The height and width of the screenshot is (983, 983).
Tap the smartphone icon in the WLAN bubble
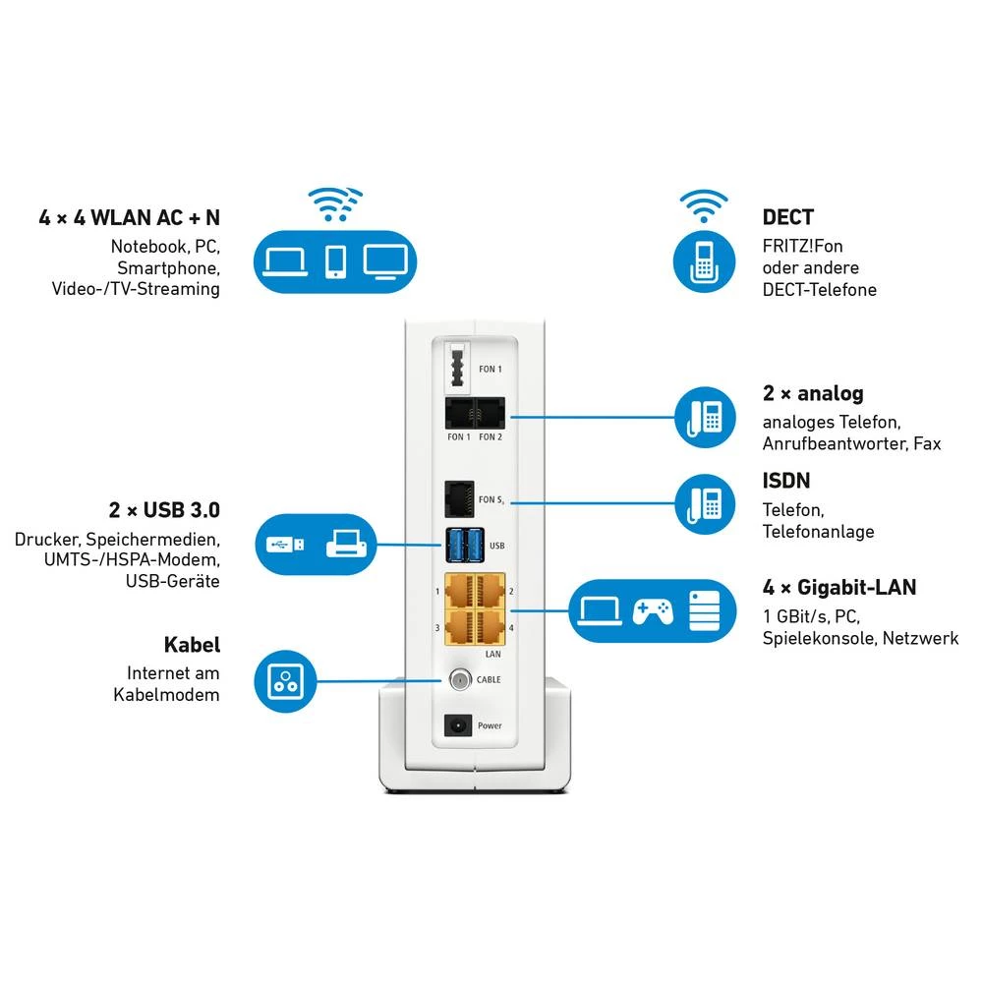336,260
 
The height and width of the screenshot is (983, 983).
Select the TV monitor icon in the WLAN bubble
384,260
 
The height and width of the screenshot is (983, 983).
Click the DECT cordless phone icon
703,260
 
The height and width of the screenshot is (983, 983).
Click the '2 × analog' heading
813,393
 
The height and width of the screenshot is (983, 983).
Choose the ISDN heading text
786,481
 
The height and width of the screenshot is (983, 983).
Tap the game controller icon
652,611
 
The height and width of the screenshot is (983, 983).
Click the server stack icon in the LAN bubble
704,610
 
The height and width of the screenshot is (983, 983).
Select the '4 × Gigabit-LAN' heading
838,588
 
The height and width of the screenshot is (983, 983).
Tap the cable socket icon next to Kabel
285,679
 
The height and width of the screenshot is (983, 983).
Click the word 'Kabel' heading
192,646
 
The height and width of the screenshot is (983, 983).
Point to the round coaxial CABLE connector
459,679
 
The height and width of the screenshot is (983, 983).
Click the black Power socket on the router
458,725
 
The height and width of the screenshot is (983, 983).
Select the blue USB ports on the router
464,542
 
